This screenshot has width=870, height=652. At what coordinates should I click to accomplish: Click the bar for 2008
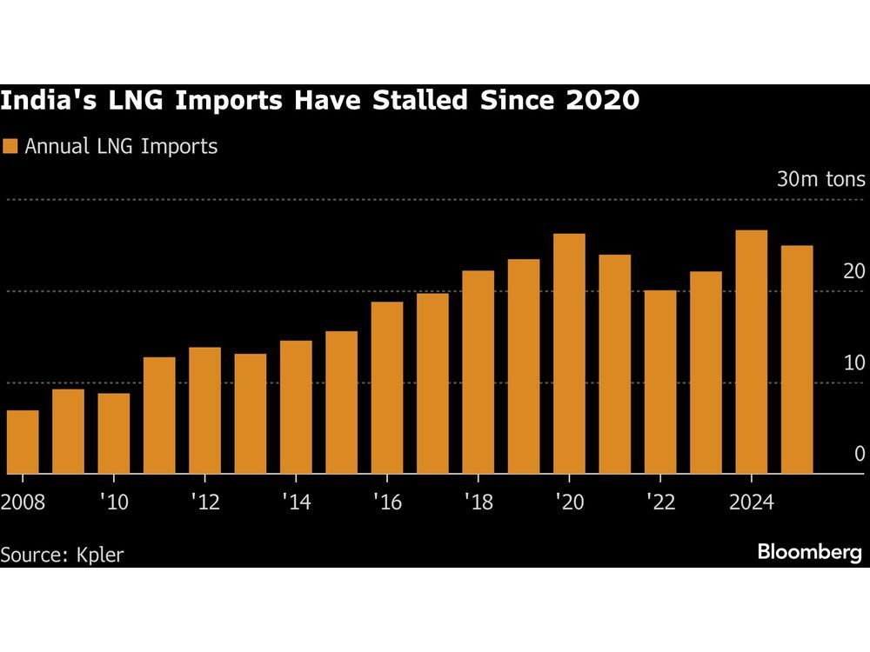[x=23, y=442]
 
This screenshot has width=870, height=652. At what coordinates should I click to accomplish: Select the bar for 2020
[x=569, y=354]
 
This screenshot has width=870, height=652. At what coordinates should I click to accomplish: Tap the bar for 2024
[x=751, y=352]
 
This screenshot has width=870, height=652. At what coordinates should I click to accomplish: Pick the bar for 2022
[x=660, y=382]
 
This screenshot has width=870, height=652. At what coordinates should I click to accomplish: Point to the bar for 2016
[x=387, y=388]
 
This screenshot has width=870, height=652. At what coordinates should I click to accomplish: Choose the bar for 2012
[x=204, y=410]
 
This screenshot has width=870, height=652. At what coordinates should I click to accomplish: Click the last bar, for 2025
[x=797, y=359]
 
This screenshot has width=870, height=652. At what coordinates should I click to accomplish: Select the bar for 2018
[x=478, y=372]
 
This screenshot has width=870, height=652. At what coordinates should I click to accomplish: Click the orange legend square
[x=10, y=146]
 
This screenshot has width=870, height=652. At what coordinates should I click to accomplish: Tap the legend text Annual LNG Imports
[x=121, y=146]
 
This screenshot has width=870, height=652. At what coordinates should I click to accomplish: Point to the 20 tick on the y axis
[x=854, y=272]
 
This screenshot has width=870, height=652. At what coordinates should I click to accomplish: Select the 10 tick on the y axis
[x=854, y=363]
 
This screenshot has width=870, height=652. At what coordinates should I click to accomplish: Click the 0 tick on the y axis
[x=860, y=455]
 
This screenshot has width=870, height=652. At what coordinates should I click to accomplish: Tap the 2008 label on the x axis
[x=23, y=503]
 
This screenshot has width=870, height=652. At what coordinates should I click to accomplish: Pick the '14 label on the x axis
[x=296, y=503]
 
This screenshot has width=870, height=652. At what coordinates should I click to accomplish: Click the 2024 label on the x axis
[x=751, y=503]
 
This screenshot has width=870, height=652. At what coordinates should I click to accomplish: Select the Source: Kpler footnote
[x=62, y=554]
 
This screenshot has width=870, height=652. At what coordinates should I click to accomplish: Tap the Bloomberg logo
[x=809, y=551]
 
